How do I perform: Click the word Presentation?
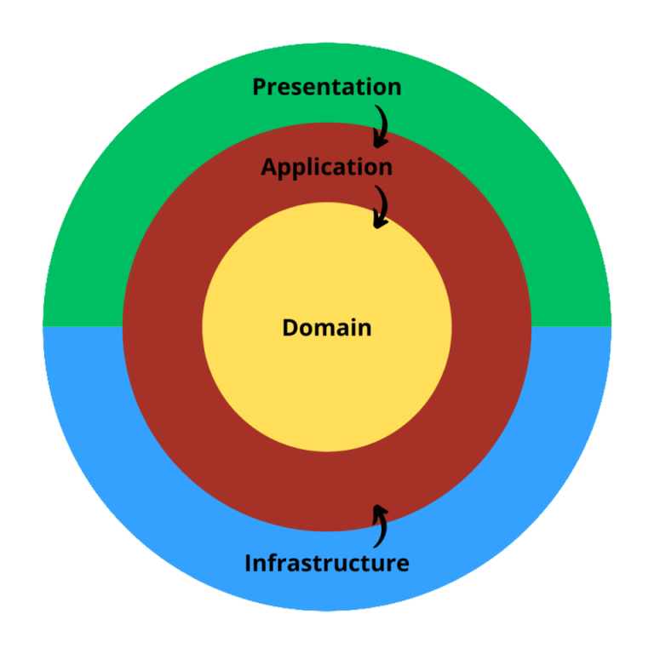(x=327, y=87)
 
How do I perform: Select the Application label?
(x=327, y=167)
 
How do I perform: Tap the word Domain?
(x=327, y=327)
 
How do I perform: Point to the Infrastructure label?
(x=327, y=563)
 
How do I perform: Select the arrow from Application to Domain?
(x=381, y=206)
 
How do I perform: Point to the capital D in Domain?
(x=290, y=327)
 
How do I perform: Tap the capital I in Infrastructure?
(x=249, y=563)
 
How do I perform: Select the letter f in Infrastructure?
(x=272, y=563)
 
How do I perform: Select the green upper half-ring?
(x=128, y=213)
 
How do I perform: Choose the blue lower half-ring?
(x=128, y=443)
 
